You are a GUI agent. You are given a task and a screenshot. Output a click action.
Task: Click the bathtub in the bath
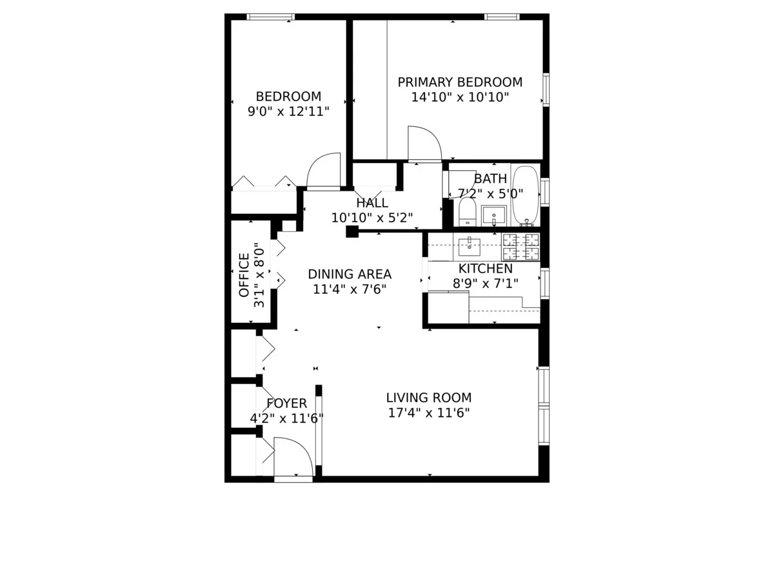click(x=525, y=195)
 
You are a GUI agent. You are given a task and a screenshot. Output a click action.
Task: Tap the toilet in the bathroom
click(x=467, y=211)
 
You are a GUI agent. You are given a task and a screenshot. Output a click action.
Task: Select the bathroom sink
click(x=494, y=214)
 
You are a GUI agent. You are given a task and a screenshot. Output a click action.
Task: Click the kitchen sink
click(x=469, y=246)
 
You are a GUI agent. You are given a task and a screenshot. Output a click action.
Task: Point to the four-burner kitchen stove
click(x=521, y=247)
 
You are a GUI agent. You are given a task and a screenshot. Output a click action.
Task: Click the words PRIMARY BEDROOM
click(x=460, y=82)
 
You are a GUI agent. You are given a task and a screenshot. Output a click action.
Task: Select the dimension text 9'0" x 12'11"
click(x=288, y=111)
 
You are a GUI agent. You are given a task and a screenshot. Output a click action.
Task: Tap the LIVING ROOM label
click(x=429, y=398)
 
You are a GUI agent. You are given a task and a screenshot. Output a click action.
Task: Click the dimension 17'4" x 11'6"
click(x=429, y=413)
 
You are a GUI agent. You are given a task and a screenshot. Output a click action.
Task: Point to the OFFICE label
click(x=244, y=275)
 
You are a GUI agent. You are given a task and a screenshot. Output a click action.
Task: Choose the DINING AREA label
click(x=350, y=274)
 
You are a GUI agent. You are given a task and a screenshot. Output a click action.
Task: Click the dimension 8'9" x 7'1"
click(x=486, y=282)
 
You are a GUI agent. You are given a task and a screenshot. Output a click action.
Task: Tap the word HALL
click(x=372, y=203)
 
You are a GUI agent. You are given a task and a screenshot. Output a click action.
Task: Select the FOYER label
click(x=286, y=403)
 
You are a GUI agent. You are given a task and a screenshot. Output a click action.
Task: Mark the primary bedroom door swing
click(x=423, y=144)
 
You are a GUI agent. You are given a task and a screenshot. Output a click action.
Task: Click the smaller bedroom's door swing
click(x=324, y=170)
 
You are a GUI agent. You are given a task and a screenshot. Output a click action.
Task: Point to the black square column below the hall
click(x=352, y=232)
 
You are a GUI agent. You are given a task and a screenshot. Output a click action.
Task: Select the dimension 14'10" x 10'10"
click(x=460, y=98)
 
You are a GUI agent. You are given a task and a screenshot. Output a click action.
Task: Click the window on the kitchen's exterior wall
click(x=545, y=283)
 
